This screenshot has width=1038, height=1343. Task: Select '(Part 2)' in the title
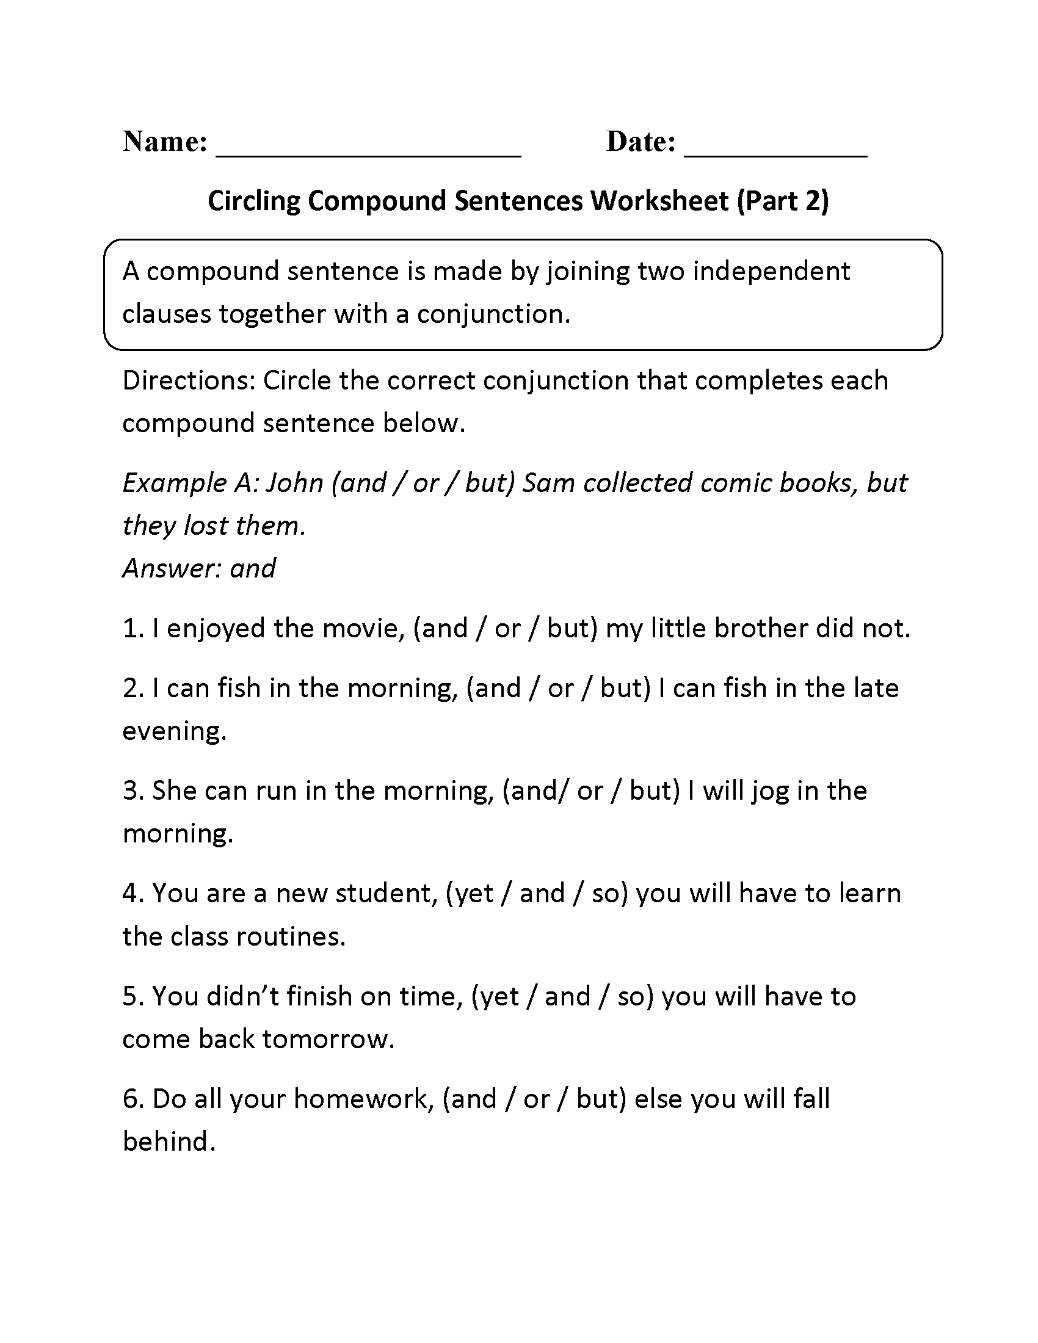(x=783, y=201)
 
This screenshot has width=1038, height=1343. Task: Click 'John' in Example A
(x=294, y=483)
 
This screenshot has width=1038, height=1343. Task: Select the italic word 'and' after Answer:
(x=253, y=568)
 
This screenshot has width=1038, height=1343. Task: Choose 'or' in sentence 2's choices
(x=560, y=689)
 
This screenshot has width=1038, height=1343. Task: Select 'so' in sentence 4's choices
(x=605, y=894)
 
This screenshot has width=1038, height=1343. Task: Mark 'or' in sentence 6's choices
(x=536, y=1099)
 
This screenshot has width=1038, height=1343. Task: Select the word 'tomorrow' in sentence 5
(x=327, y=1039)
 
